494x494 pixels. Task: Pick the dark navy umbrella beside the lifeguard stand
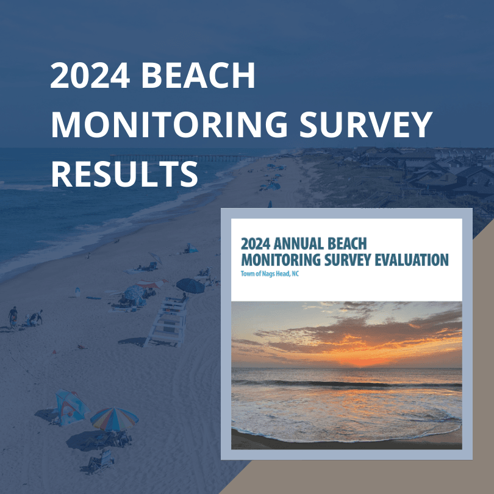190,285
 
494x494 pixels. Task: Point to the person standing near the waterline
13,316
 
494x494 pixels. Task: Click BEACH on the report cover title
349,244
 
